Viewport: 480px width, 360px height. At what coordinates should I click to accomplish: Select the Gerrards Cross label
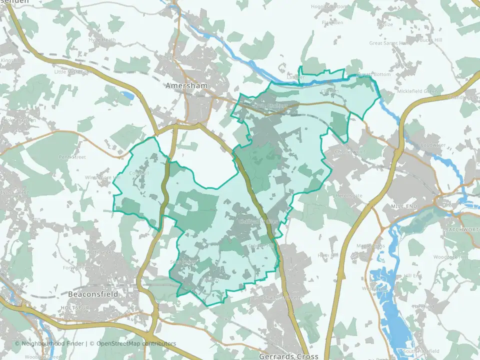(x=288, y=356)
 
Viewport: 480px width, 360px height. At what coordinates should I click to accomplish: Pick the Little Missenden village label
(x=73, y=72)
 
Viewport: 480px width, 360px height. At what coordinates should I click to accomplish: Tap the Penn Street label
(x=72, y=157)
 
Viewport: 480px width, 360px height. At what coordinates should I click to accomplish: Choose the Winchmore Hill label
(x=103, y=177)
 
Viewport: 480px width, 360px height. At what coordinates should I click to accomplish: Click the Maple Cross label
(x=370, y=245)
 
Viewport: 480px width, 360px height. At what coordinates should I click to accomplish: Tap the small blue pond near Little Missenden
(x=127, y=94)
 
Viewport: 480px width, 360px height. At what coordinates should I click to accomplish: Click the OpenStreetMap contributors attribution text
(x=136, y=343)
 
